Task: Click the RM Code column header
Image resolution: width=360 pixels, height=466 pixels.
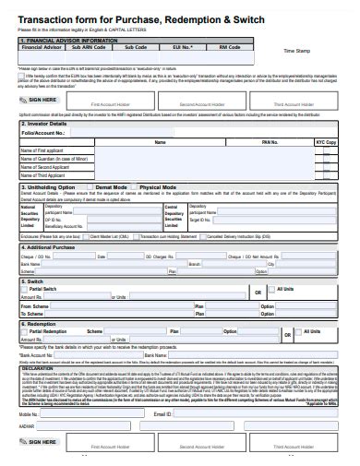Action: [x=229, y=45]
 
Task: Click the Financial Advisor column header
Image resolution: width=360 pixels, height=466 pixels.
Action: [x=41, y=45]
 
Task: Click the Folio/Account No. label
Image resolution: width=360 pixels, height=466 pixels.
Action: [x=42, y=133]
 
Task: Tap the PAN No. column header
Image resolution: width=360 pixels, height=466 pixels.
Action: [x=270, y=142]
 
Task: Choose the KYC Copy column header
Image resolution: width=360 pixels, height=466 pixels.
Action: [x=326, y=142]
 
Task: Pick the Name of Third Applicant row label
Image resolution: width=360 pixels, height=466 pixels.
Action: [x=47, y=175]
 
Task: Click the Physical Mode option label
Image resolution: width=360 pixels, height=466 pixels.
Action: [x=158, y=186]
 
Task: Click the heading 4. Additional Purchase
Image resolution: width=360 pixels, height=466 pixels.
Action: [x=48, y=247]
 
